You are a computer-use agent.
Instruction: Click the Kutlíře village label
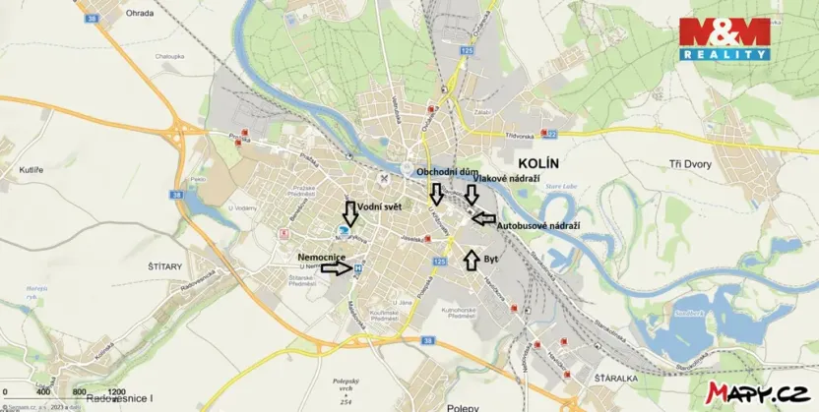(x=31, y=170)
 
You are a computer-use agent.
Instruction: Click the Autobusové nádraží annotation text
(x=536, y=225)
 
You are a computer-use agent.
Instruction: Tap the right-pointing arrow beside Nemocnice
(x=335, y=267)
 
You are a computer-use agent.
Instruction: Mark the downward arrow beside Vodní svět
(x=349, y=211)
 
